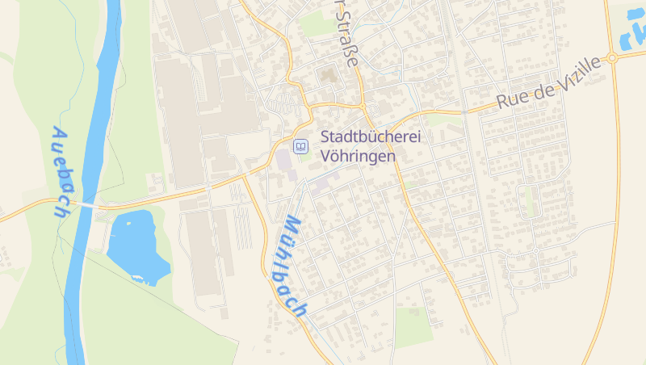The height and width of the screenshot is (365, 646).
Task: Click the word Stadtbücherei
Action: [x=371, y=137]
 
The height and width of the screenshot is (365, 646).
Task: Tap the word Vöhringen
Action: [x=359, y=156]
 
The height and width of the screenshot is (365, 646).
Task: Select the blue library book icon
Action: [x=300, y=146]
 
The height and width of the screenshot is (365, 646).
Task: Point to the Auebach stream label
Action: [x=61, y=172]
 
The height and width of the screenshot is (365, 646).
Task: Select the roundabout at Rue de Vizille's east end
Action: [x=611, y=58]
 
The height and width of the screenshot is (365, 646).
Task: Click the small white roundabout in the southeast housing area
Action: [x=535, y=251]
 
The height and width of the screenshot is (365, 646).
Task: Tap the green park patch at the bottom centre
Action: [x=413, y=326]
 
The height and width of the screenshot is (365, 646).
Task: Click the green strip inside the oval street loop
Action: [x=530, y=202]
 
